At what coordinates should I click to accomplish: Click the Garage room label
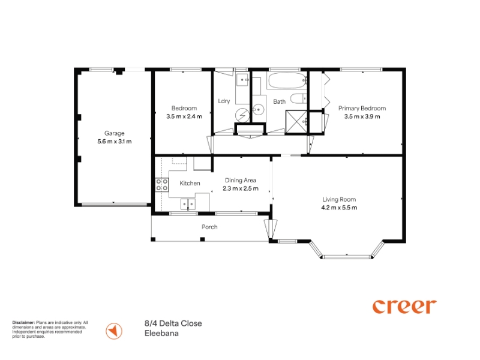click(x=115, y=133)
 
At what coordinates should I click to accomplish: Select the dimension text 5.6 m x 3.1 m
click(x=115, y=142)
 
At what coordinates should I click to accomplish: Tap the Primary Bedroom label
click(x=362, y=108)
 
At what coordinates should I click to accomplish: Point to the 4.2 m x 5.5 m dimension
click(x=339, y=208)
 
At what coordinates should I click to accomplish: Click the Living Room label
click(x=339, y=199)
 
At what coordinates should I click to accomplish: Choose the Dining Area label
click(x=241, y=181)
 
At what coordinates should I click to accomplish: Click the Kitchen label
click(x=190, y=183)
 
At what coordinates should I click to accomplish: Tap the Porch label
click(x=209, y=227)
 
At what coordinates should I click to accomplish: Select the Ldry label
click(x=224, y=101)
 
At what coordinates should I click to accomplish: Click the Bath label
click(x=280, y=101)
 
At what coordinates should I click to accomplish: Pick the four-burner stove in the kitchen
click(x=162, y=185)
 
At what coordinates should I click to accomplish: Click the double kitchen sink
click(x=188, y=204)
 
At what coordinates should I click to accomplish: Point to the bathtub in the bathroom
click(x=287, y=80)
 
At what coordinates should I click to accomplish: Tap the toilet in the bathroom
click(x=298, y=98)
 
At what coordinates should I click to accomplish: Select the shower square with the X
click(x=296, y=122)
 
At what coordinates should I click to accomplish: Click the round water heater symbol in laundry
click(x=242, y=115)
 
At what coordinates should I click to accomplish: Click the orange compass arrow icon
click(x=114, y=331)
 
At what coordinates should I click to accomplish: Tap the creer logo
click(x=404, y=307)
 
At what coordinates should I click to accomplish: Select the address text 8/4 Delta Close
click(x=173, y=323)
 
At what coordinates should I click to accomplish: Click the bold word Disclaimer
click(x=23, y=323)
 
